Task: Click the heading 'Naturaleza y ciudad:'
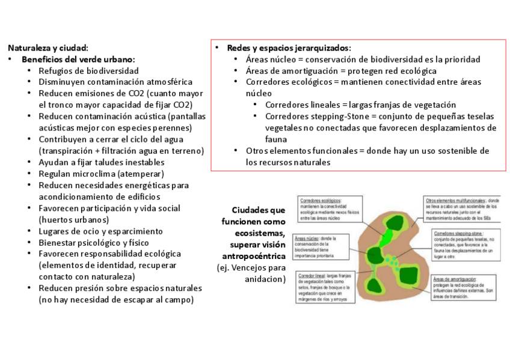coord(48,47)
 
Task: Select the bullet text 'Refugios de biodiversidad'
coord(88,70)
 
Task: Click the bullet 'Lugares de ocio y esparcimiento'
coord(100,231)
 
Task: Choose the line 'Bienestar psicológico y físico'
coord(94,242)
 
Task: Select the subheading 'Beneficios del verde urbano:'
coord(78,59)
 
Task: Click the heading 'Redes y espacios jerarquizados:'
coord(289,47)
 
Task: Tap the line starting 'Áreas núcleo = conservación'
coord(363,59)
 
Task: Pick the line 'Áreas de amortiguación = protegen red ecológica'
coord(341,70)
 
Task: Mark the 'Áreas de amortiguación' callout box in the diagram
coord(463,287)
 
